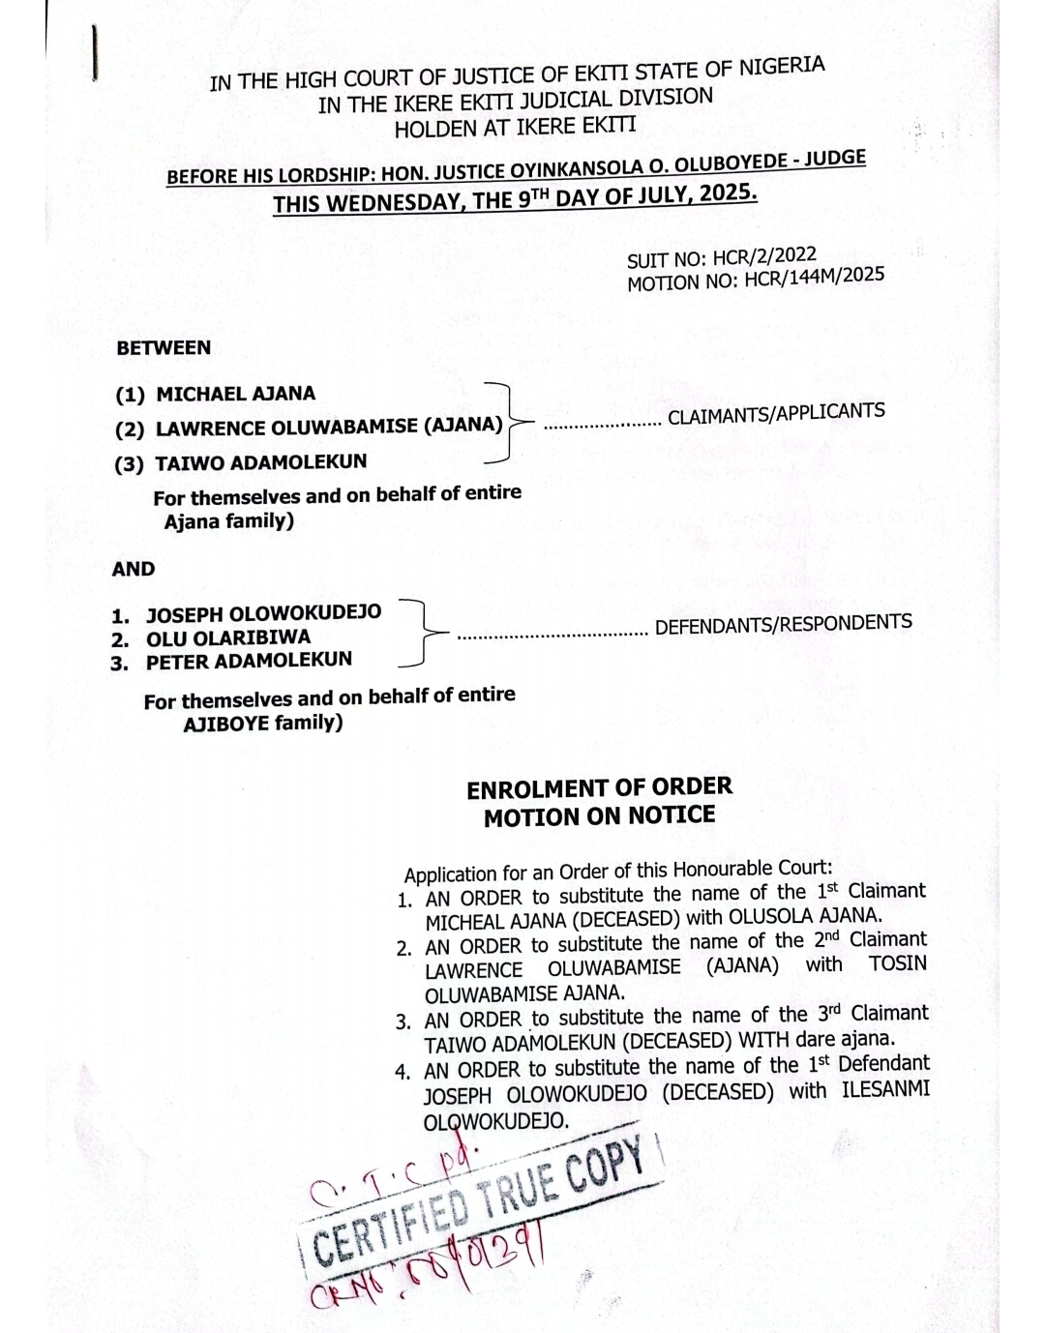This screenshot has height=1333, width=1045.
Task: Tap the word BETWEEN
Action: [164, 348]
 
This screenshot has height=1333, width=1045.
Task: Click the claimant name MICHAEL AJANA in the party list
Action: [235, 394]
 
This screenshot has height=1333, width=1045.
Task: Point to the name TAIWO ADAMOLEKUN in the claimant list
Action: [261, 462]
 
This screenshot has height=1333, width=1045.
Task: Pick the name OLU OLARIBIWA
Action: [228, 638]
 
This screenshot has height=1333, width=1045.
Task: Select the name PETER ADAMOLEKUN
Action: [249, 662]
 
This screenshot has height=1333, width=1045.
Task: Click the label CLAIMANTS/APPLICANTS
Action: [776, 414]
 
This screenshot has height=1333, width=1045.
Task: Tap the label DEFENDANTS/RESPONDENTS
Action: [783, 625]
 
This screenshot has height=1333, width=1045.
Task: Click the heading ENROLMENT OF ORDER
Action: [599, 788]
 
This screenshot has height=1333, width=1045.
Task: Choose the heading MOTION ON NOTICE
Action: [599, 816]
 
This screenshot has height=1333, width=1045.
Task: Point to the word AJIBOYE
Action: [225, 725]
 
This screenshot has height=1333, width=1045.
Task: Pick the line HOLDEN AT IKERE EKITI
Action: [515, 127]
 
